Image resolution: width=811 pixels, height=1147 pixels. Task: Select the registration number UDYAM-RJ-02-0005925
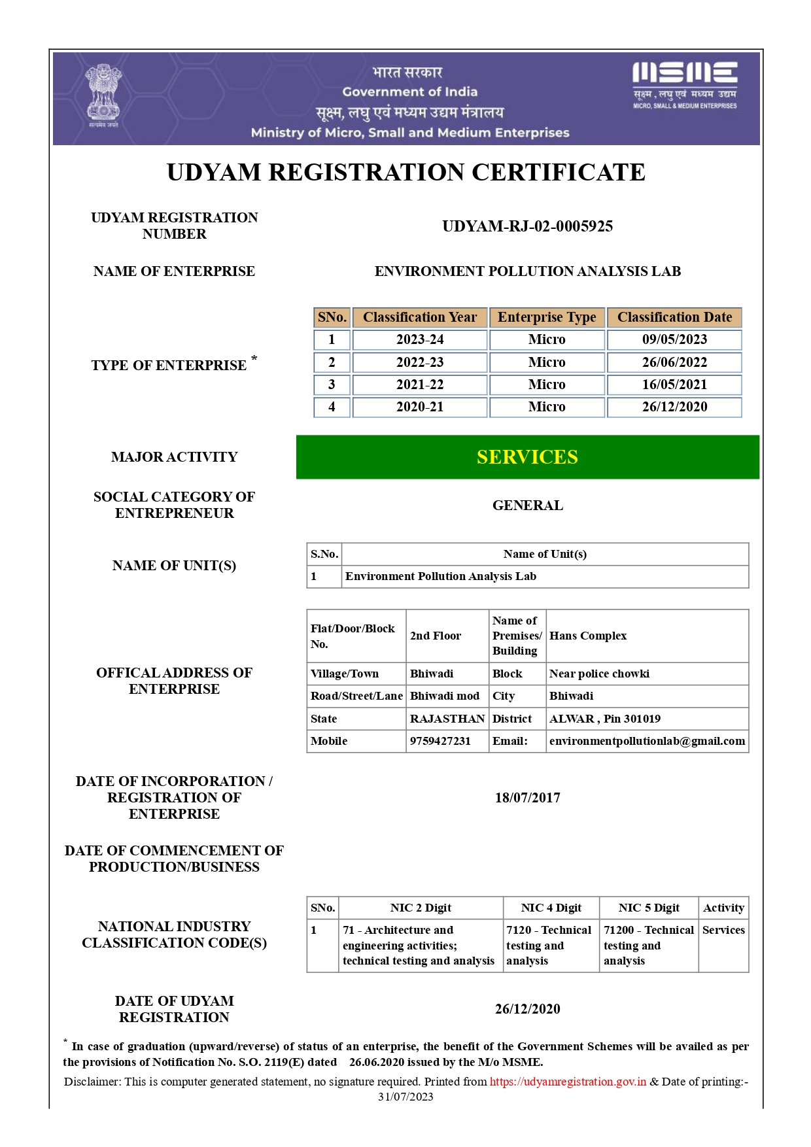point(527,226)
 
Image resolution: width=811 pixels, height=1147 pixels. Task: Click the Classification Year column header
point(420,317)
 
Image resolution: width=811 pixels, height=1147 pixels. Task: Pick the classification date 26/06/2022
point(674,362)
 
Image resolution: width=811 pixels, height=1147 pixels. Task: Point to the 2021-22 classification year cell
point(420,385)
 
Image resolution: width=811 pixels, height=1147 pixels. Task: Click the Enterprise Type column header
point(547,317)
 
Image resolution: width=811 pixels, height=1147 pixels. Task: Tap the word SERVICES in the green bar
point(527,457)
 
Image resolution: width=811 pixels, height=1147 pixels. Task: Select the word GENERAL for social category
point(527,505)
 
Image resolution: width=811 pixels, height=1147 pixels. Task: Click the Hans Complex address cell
point(588,636)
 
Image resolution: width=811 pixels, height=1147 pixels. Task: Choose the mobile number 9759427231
point(440,741)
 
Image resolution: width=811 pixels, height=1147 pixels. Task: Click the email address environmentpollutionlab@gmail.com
point(647,741)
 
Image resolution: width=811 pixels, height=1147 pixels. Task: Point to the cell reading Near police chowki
point(599,674)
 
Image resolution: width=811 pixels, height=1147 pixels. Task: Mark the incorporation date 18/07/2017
point(527,798)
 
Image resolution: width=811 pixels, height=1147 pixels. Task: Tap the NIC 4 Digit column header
point(551,908)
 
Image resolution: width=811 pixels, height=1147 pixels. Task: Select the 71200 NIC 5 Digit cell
point(648,945)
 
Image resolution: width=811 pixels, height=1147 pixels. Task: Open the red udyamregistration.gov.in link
point(568,1082)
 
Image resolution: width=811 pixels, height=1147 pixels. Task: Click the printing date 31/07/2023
point(405,1097)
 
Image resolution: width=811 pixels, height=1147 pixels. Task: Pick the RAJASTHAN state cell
point(447,719)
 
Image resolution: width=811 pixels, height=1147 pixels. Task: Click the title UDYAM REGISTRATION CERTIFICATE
point(405,173)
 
